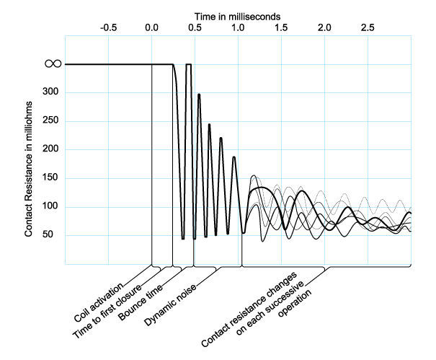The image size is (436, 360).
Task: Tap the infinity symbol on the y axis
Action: [53, 64]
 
